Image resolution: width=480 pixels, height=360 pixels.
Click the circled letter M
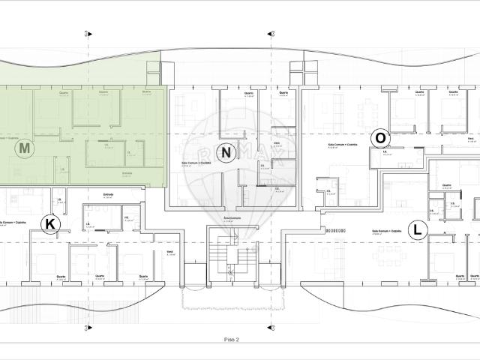tap(25, 148)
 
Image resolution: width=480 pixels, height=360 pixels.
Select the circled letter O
tap(381, 138)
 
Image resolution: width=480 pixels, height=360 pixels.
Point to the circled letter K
tap(49, 223)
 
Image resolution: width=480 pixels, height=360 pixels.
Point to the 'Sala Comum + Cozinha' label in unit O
tap(342, 145)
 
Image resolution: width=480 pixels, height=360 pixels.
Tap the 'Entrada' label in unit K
tap(109, 194)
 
